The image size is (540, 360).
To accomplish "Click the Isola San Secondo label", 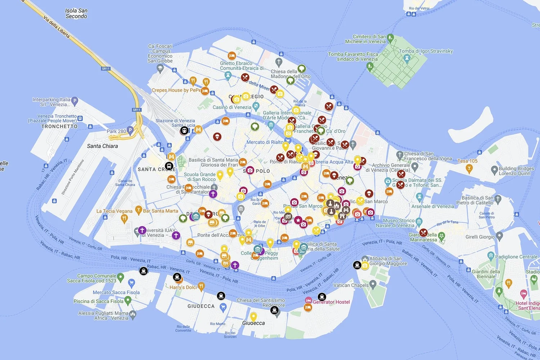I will [x=76, y=13].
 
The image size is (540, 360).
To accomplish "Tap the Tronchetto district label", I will [x=59, y=126].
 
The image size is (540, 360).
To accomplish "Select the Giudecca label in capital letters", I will [x=201, y=306].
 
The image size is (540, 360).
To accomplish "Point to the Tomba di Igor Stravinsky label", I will [x=426, y=51].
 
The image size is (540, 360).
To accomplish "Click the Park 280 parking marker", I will [x=130, y=130].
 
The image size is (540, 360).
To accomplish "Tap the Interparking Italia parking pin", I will [x=75, y=101].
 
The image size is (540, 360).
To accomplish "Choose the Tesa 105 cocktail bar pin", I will [x=469, y=167].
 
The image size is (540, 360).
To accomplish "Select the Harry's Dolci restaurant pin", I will [x=201, y=286].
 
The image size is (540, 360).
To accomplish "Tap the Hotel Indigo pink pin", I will [x=524, y=293].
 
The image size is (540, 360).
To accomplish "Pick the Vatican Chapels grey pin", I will [x=373, y=285].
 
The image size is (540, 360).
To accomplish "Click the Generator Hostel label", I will [x=331, y=302].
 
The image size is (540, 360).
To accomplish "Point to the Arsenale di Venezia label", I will [x=433, y=206].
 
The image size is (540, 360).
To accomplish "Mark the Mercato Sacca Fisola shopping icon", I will [x=131, y=282].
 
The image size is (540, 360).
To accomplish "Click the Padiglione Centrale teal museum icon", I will [x=491, y=256].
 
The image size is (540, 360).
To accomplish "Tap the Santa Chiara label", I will [x=102, y=146].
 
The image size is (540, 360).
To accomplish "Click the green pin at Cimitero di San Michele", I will [x=390, y=38].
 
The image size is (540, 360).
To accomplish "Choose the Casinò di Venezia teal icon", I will [x=256, y=106].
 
